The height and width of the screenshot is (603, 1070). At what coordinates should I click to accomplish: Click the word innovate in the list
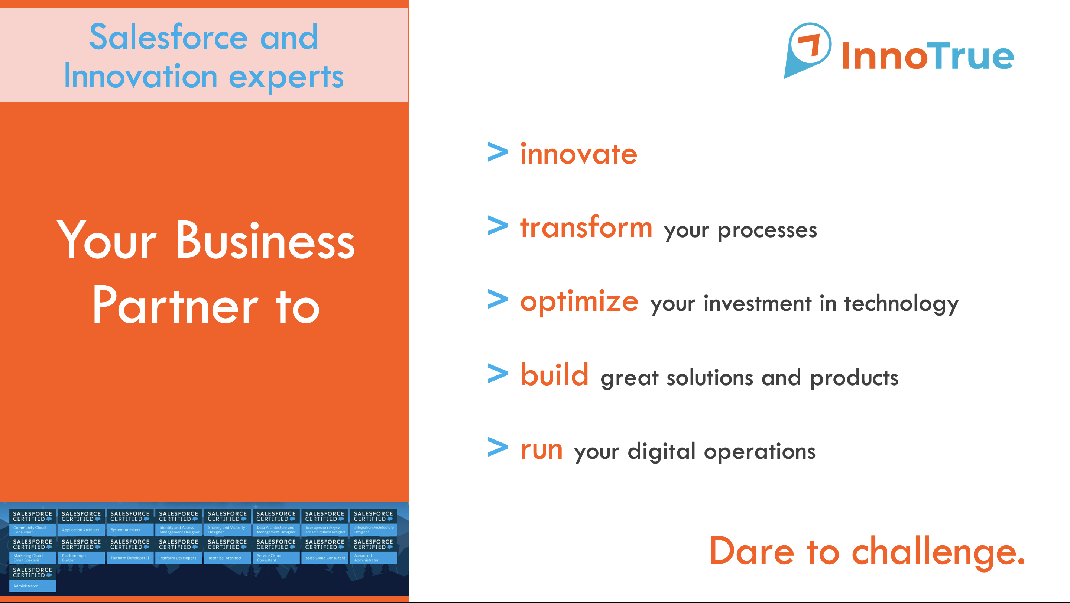click(578, 154)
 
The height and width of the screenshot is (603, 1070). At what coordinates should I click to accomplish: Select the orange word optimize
click(580, 303)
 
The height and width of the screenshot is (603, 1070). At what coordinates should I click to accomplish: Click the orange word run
click(542, 450)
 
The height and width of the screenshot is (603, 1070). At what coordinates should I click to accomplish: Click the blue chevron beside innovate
click(497, 152)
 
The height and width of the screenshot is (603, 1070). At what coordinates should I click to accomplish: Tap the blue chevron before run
click(497, 447)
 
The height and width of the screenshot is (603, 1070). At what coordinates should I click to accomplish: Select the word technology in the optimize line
click(901, 304)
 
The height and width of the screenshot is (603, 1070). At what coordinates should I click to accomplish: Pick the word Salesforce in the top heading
click(169, 36)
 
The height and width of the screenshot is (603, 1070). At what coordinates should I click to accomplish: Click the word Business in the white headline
click(265, 241)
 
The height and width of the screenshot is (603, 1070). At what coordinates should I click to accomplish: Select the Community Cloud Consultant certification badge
click(32, 522)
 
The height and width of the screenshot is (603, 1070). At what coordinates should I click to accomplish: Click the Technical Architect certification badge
click(227, 551)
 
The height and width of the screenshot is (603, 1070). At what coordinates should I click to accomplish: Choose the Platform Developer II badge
click(130, 551)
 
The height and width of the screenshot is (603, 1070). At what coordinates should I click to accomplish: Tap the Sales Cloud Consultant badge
click(325, 551)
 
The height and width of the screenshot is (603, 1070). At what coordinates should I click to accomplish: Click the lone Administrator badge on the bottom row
click(32, 578)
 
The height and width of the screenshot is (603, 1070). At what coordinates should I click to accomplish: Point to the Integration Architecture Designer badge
click(373, 522)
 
